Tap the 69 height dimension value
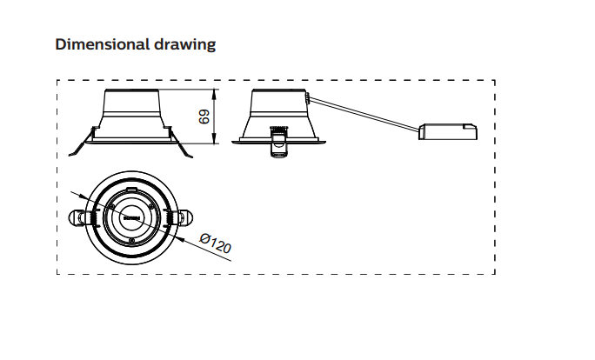(x=206, y=116)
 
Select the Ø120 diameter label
(x=215, y=243)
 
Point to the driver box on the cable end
(x=448, y=132)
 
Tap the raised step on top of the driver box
(x=469, y=126)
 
